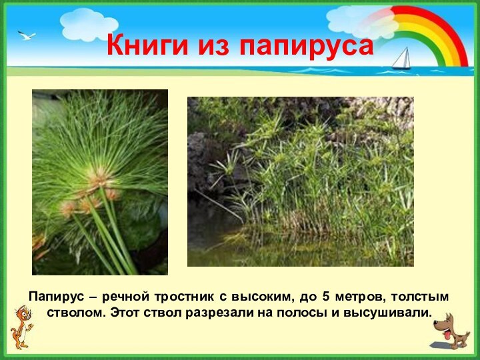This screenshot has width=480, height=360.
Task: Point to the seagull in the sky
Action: pos(27,35)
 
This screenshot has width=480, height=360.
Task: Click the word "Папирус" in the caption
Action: pos(57,296)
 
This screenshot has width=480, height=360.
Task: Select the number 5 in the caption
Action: pos(325,296)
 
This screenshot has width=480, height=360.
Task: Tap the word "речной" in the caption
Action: pos(126,296)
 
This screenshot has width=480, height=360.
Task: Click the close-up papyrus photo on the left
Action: pos(100,182)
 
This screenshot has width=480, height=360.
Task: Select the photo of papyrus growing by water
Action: pos(300,181)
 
